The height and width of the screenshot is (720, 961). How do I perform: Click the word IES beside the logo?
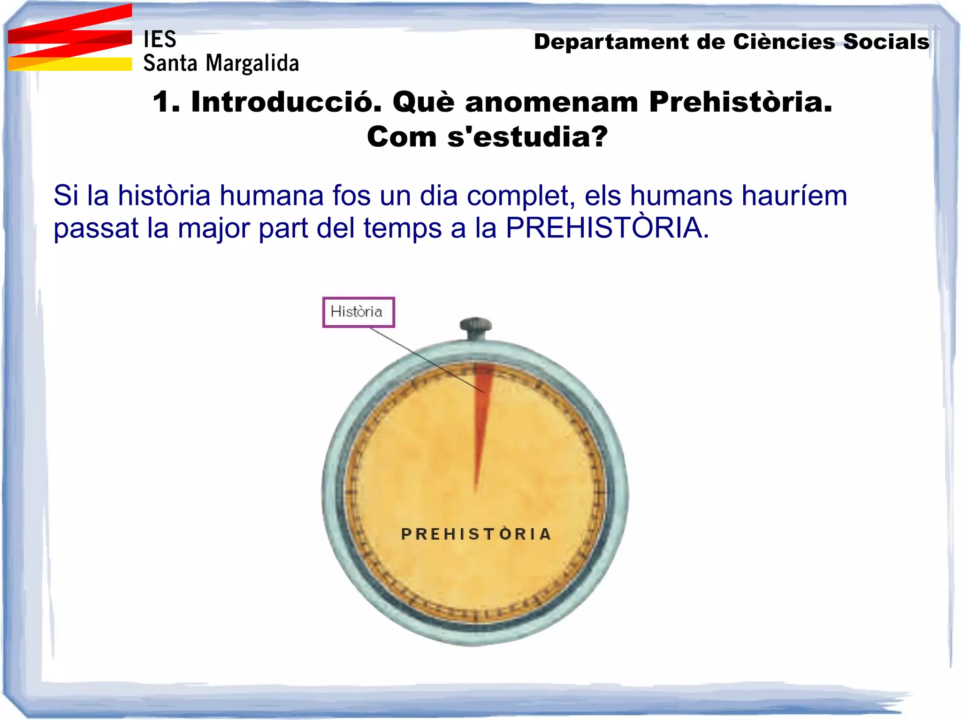[x=160, y=39]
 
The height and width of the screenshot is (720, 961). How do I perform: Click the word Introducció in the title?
[x=286, y=102]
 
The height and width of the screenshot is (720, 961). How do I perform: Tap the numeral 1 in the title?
[x=162, y=102]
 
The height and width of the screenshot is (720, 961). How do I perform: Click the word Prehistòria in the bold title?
[x=740, y=102]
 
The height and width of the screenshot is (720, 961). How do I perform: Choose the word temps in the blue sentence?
[x=403, y=228]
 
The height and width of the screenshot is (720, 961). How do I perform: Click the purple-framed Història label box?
[x=358, y=312]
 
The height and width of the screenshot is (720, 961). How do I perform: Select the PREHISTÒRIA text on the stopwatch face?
[x=476, y=534]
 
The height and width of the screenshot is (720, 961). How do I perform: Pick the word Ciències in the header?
[x=784, y=42]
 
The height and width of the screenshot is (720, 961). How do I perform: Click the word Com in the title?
[x=402, y=137]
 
